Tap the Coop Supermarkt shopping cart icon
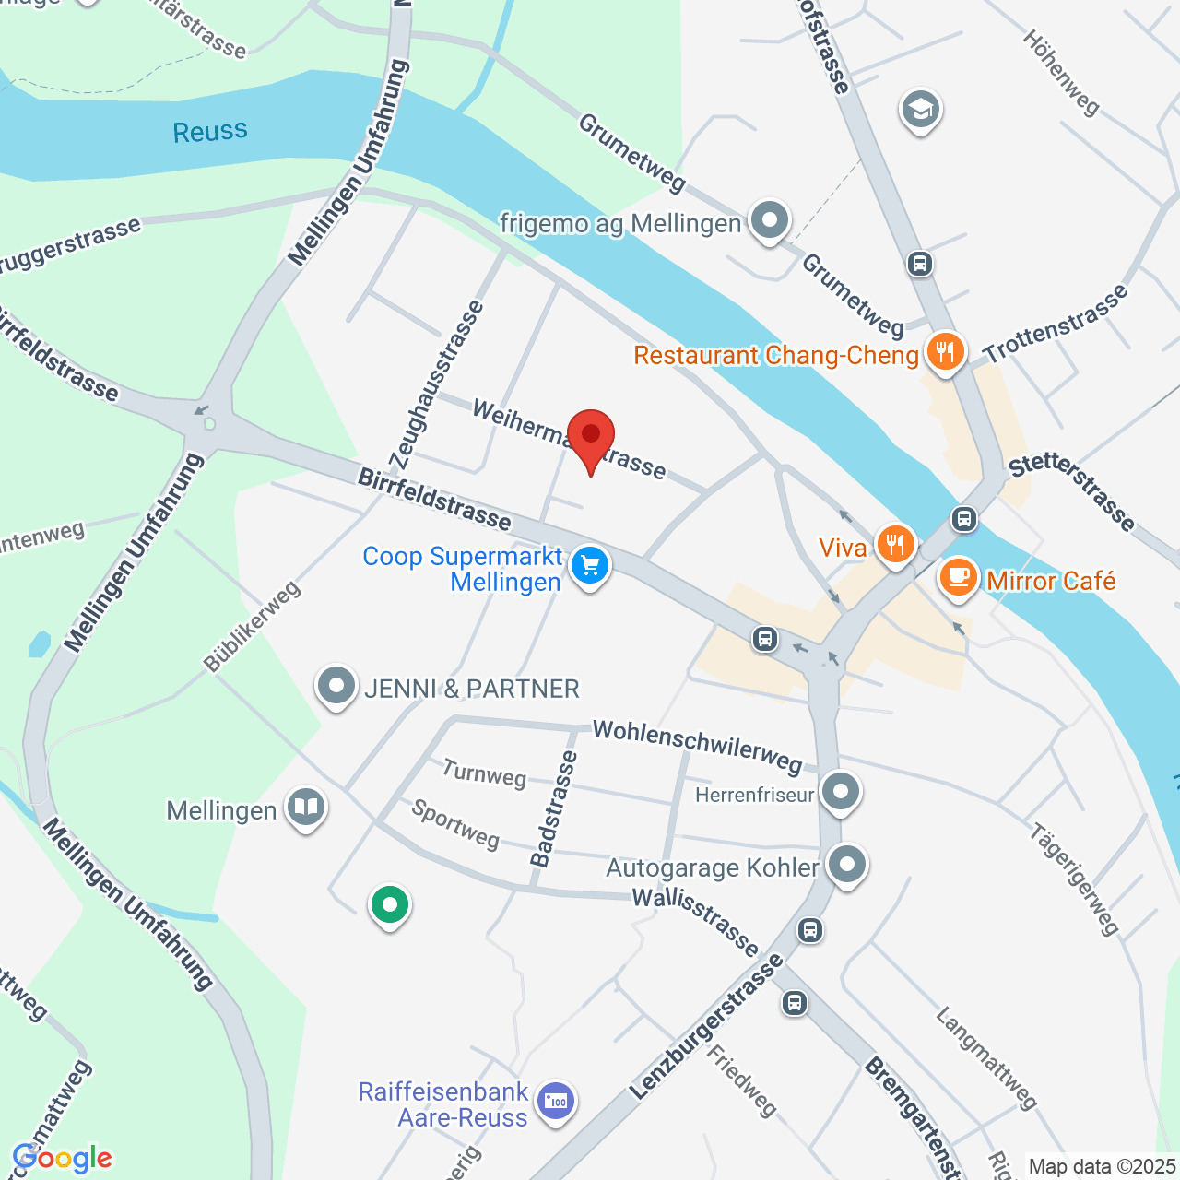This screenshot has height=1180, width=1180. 590,566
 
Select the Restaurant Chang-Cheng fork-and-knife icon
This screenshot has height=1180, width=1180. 945,352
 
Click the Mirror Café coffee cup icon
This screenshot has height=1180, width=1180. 959,578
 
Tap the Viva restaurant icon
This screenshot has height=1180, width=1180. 894,545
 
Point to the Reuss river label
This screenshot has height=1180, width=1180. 210,132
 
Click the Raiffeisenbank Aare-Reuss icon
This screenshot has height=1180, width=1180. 556,1101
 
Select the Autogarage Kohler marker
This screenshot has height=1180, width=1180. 846,865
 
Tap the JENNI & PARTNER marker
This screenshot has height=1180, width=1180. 336,686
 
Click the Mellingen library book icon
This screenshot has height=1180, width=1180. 305,808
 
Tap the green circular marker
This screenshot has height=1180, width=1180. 390,904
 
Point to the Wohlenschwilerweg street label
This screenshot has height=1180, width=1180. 697,745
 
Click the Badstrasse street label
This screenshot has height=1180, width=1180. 553,808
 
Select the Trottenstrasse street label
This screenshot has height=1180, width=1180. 1056,324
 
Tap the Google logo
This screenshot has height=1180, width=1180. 63,1158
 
